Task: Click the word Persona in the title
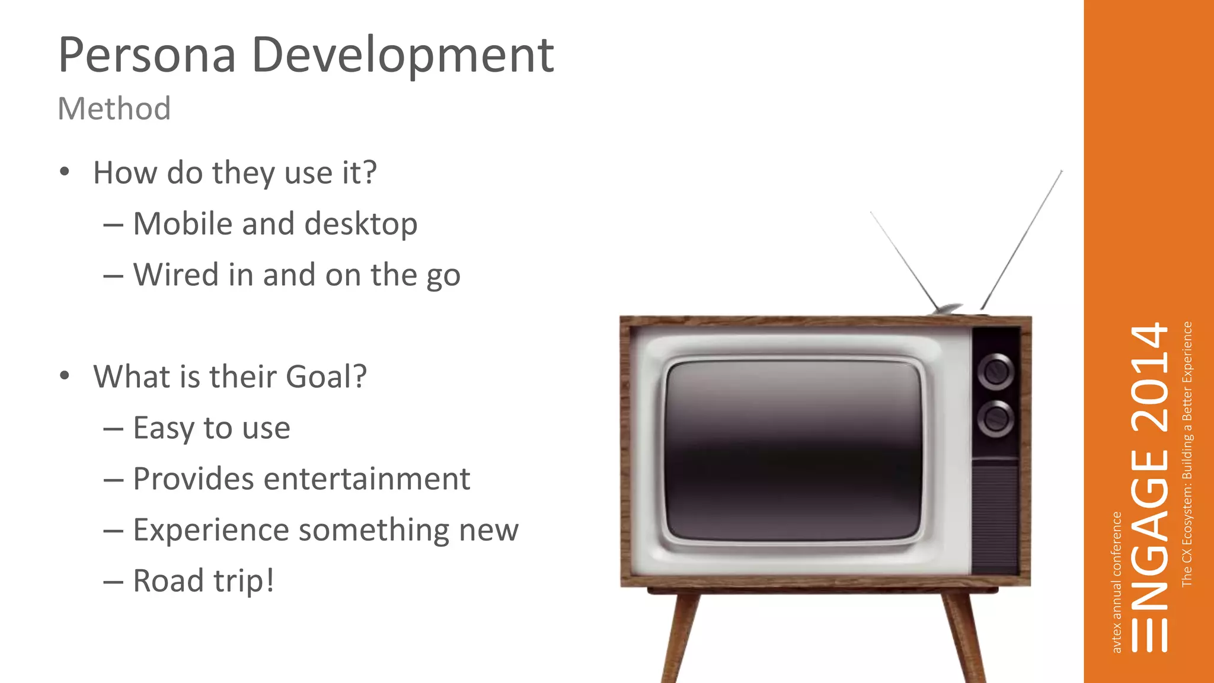(147, 56)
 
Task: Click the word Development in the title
(403, 56)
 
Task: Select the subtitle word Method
(114, 109)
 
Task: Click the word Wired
(176, 275)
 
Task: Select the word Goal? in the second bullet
(326, 377)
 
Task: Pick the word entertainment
(366, 479)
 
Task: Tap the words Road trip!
(203, 581)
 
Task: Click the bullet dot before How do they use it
(65, 173)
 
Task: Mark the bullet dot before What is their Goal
(65, 376)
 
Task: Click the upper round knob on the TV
(995, 372)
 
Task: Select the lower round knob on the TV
(995, 419)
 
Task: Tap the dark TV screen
(793, 451)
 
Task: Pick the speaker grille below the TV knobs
(995, 519)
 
